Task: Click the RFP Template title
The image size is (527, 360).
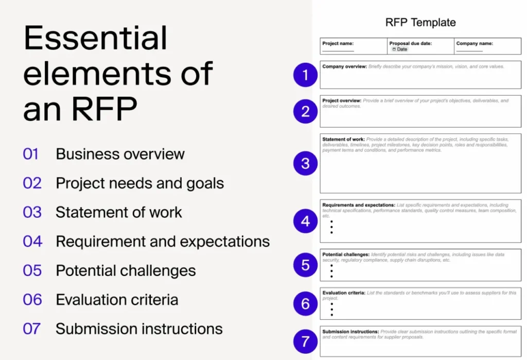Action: [420, 23]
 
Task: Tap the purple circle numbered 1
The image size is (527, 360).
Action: [306, 76]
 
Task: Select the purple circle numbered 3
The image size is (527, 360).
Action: [306, 163]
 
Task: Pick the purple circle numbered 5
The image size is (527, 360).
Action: [306, 265]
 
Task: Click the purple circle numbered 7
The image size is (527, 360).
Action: [306, 341]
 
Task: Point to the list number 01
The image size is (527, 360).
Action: [31, 154]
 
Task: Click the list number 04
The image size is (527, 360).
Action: [32, 241]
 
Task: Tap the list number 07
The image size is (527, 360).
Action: [32, 329]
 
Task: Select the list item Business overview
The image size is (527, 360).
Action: [120, 154]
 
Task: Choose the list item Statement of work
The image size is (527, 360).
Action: [119, 212]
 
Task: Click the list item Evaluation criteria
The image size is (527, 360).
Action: [117, 300]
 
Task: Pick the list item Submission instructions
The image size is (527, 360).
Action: [139, 329]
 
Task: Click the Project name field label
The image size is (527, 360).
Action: [338, 44]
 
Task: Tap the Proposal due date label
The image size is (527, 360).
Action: [411, 44]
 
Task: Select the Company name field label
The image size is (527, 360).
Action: [475, 44]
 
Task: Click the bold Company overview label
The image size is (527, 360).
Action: [344, 66]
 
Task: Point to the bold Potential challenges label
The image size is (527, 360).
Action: [346, 254]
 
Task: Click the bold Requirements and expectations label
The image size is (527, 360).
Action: [359, 205]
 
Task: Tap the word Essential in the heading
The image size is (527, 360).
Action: [96, 38]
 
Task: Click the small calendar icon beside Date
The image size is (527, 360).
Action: [394, 49]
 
